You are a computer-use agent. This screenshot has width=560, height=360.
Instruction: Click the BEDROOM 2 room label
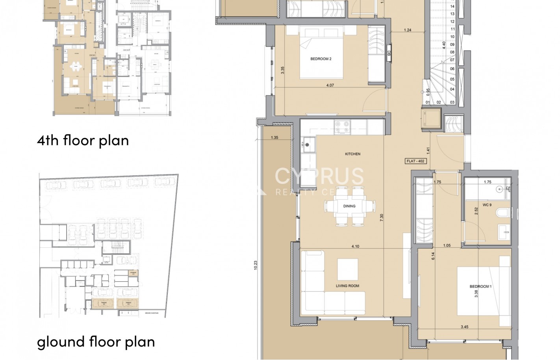pos(321,59)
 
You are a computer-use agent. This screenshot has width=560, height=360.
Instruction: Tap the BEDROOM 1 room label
pos(480,286)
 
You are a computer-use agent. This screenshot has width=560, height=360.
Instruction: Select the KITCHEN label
pos(352,154)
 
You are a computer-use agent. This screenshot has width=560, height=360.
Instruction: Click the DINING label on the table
pos(349,206)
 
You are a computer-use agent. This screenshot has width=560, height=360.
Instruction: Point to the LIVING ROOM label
pos(347,286)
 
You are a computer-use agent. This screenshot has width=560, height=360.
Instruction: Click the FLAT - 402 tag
pos(416,161)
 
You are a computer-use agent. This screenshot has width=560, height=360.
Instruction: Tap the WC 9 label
pos(487,205)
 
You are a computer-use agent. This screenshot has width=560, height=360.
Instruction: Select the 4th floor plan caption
pos(83,140)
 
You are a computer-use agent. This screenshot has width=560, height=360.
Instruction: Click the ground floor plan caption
pos(96,341)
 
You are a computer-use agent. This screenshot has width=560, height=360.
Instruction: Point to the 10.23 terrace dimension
pos(256,265)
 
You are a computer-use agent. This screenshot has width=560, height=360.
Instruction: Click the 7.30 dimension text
pos(382,218)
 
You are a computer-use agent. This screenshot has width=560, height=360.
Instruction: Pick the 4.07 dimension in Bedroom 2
pos(330,85)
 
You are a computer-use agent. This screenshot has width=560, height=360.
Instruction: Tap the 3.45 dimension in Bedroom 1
pos(464,327)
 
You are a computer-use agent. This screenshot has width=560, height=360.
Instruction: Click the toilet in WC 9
pos(503,213)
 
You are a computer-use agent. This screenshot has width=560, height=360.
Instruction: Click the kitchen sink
pos(307,145)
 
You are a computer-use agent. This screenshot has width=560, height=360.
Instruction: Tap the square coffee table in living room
pos(347,269)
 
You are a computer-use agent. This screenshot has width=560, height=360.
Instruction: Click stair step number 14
pos(452,6)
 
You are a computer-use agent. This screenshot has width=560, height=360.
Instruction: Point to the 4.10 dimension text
pos(355,247)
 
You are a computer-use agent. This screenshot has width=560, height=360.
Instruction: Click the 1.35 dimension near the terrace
pos(274,138)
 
